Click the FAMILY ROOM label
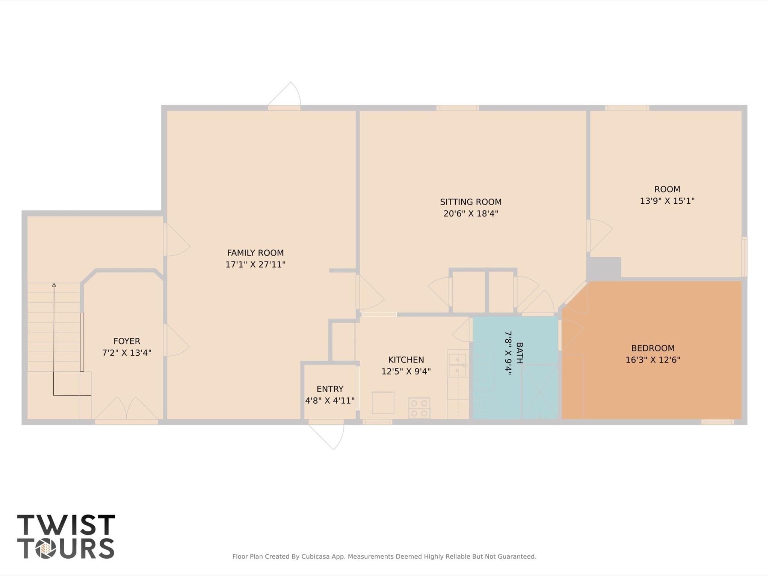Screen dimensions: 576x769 click(x=255, y=253)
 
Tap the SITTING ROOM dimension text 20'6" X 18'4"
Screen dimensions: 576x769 click(x=470, y=214)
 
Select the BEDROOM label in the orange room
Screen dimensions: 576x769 click(x=653, y=348)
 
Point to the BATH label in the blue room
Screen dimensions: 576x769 click(x=519, y=353)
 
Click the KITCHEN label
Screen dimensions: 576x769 click(x=406, y=360)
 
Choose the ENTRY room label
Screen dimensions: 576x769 click(x=330, y=389)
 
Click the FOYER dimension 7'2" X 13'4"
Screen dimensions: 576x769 click(x=127, y=353)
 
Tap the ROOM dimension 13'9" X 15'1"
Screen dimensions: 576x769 click(x=667, y=201)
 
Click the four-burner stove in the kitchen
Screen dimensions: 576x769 click(x=419, y=408)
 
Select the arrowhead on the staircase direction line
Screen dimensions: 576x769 click(x=54, y=285)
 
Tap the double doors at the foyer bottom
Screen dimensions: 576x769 click(x=126, y=409)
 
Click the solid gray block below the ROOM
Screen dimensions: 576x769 click(x=604, y=268)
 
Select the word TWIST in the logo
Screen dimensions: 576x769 click(x=66, y=525)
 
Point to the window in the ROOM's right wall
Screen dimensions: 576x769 click(x=744, y=257)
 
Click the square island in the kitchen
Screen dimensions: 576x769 click(x=383, y=403)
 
